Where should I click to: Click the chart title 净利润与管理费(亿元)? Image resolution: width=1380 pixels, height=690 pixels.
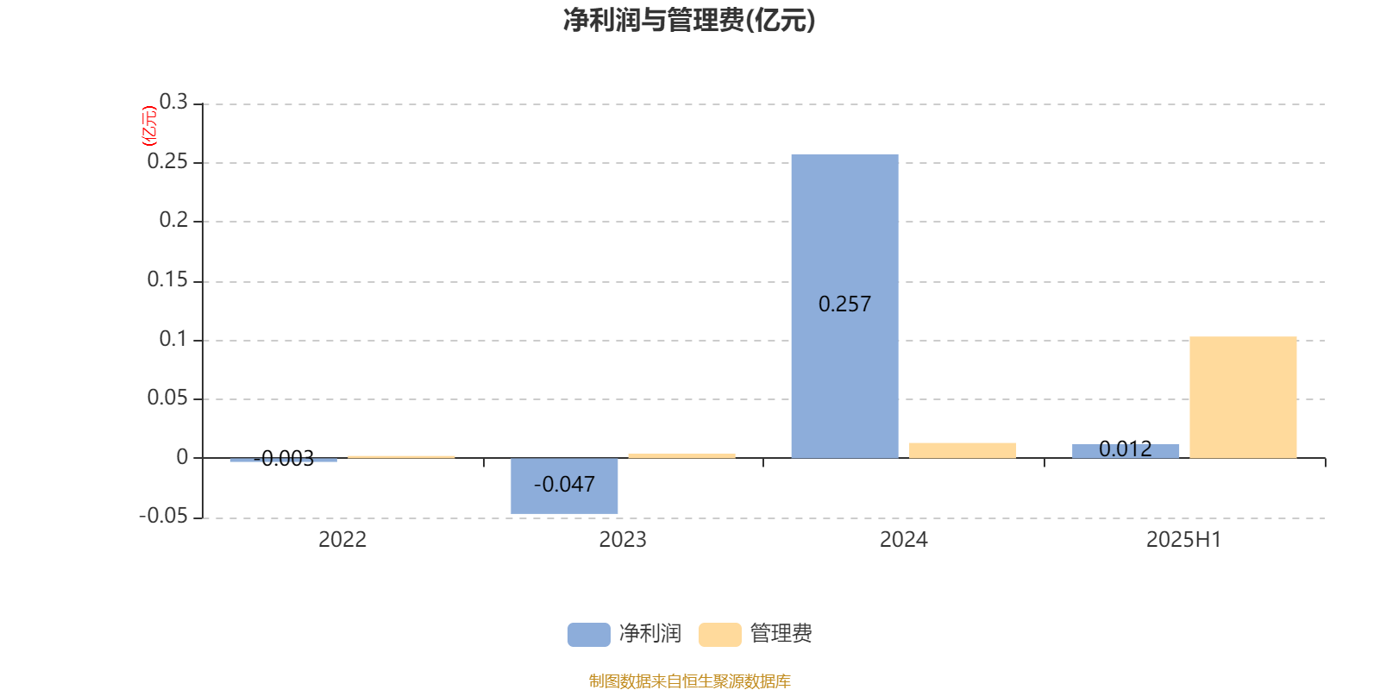tap(689, 21)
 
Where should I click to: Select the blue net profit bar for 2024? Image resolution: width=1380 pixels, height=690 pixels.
tap(844, 306)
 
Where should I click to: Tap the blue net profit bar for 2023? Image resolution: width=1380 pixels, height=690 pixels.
tap(564, 486)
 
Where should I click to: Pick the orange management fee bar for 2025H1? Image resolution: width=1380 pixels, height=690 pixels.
tap(1243, 398)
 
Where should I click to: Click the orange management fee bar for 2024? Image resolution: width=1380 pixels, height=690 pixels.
tap(963, 450)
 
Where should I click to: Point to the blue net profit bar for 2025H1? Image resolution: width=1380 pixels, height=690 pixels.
tap(1126, 451)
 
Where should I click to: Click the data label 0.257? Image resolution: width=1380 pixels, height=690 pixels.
tap(844, 304)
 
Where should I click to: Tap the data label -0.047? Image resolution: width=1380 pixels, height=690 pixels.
tap(564, 484)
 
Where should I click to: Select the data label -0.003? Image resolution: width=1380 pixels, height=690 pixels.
tap(284, 458)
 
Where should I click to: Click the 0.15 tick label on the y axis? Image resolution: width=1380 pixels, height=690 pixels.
tap(167, 280)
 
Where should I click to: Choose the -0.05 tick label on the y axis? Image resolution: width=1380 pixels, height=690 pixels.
tap(163, 517)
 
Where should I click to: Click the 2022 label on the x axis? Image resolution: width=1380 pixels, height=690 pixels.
tap(342, 540)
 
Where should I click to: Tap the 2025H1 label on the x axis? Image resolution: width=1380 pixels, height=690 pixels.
tap(1183, 540)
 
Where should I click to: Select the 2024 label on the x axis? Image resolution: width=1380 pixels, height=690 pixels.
tap(904, 540)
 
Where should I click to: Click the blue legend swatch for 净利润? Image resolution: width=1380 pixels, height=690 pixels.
tap(589, 635)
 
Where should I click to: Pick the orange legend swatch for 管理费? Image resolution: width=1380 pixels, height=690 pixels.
tap(719, 635)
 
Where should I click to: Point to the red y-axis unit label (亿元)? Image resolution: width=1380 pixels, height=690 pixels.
tap(149, 126)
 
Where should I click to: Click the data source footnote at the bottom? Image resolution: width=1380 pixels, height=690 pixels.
tap(689, 681)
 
